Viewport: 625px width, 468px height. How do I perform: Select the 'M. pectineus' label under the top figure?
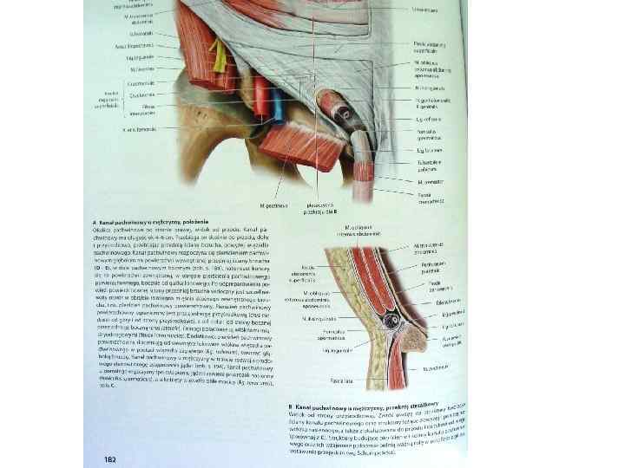pos(275,205)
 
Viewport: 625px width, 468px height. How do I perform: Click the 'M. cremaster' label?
pos(431,181)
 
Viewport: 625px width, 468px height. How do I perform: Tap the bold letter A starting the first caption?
pos(94,222)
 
